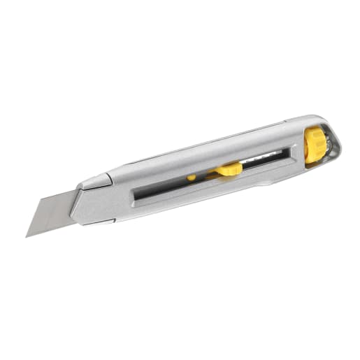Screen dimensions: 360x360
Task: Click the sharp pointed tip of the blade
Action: click(28, 235)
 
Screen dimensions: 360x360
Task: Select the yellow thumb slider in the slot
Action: click(229, 169)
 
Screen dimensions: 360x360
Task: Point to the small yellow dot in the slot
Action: click(192, 178)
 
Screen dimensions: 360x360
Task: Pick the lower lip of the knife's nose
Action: click(98, 222)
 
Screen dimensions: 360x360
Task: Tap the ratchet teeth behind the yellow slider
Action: click(262, 160)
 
